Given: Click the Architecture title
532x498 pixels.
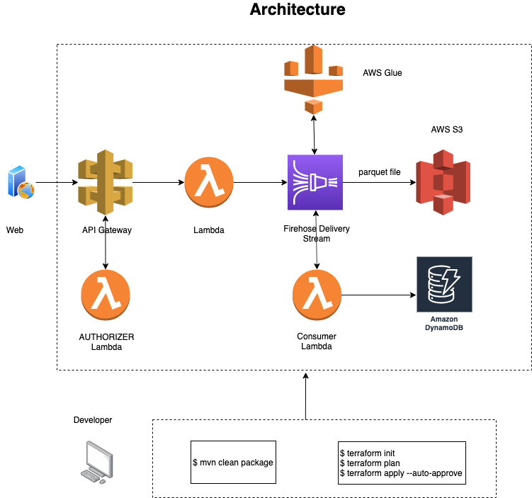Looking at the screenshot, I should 298,10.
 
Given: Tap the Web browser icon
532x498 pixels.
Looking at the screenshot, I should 20,182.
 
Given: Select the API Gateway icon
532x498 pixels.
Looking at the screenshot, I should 106,182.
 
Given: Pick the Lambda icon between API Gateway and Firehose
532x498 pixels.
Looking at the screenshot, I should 209,182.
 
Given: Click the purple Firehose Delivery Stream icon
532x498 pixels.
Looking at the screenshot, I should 315,182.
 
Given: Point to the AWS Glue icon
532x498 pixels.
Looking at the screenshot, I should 313,78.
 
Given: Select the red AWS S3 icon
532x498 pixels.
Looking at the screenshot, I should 443,182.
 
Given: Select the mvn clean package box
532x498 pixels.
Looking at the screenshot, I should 232,463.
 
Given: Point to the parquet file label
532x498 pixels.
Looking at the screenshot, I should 379,172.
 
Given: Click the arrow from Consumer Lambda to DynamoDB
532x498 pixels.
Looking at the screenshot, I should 378,294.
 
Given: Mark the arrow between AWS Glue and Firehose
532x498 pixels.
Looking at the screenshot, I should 315,134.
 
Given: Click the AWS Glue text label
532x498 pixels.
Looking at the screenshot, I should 383,72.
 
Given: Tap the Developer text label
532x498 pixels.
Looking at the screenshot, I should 93,420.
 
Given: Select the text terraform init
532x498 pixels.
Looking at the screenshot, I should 368,451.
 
